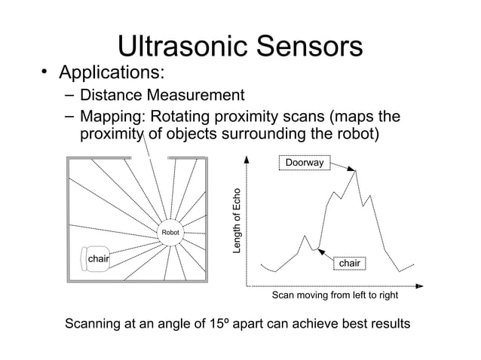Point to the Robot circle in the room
pos(170,233)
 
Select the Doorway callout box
pos(303,162)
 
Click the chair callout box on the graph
pos(349,264)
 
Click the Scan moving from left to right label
pos(335,296)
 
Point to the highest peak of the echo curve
pos(356,171)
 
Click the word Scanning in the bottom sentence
pos(97,325)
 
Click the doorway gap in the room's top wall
pos(156,158)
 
